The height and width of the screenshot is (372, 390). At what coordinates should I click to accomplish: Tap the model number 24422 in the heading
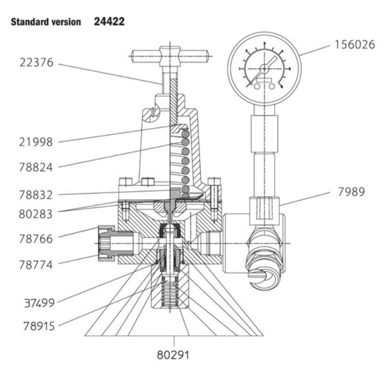click(x=109, y=21)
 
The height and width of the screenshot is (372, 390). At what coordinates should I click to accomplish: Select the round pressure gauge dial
click(x=264, y=67)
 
